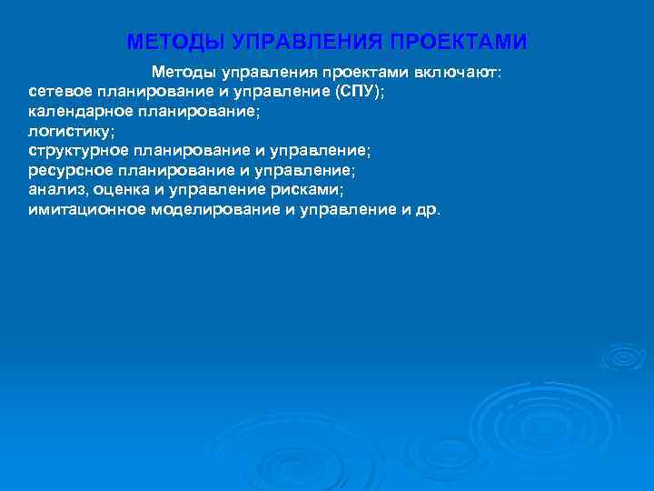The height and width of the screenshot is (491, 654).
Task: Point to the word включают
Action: click(473, 71)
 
